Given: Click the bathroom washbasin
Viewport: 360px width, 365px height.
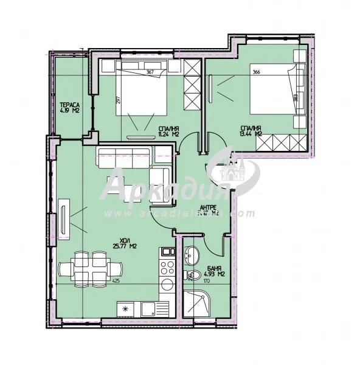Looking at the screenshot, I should coord(193,255).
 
